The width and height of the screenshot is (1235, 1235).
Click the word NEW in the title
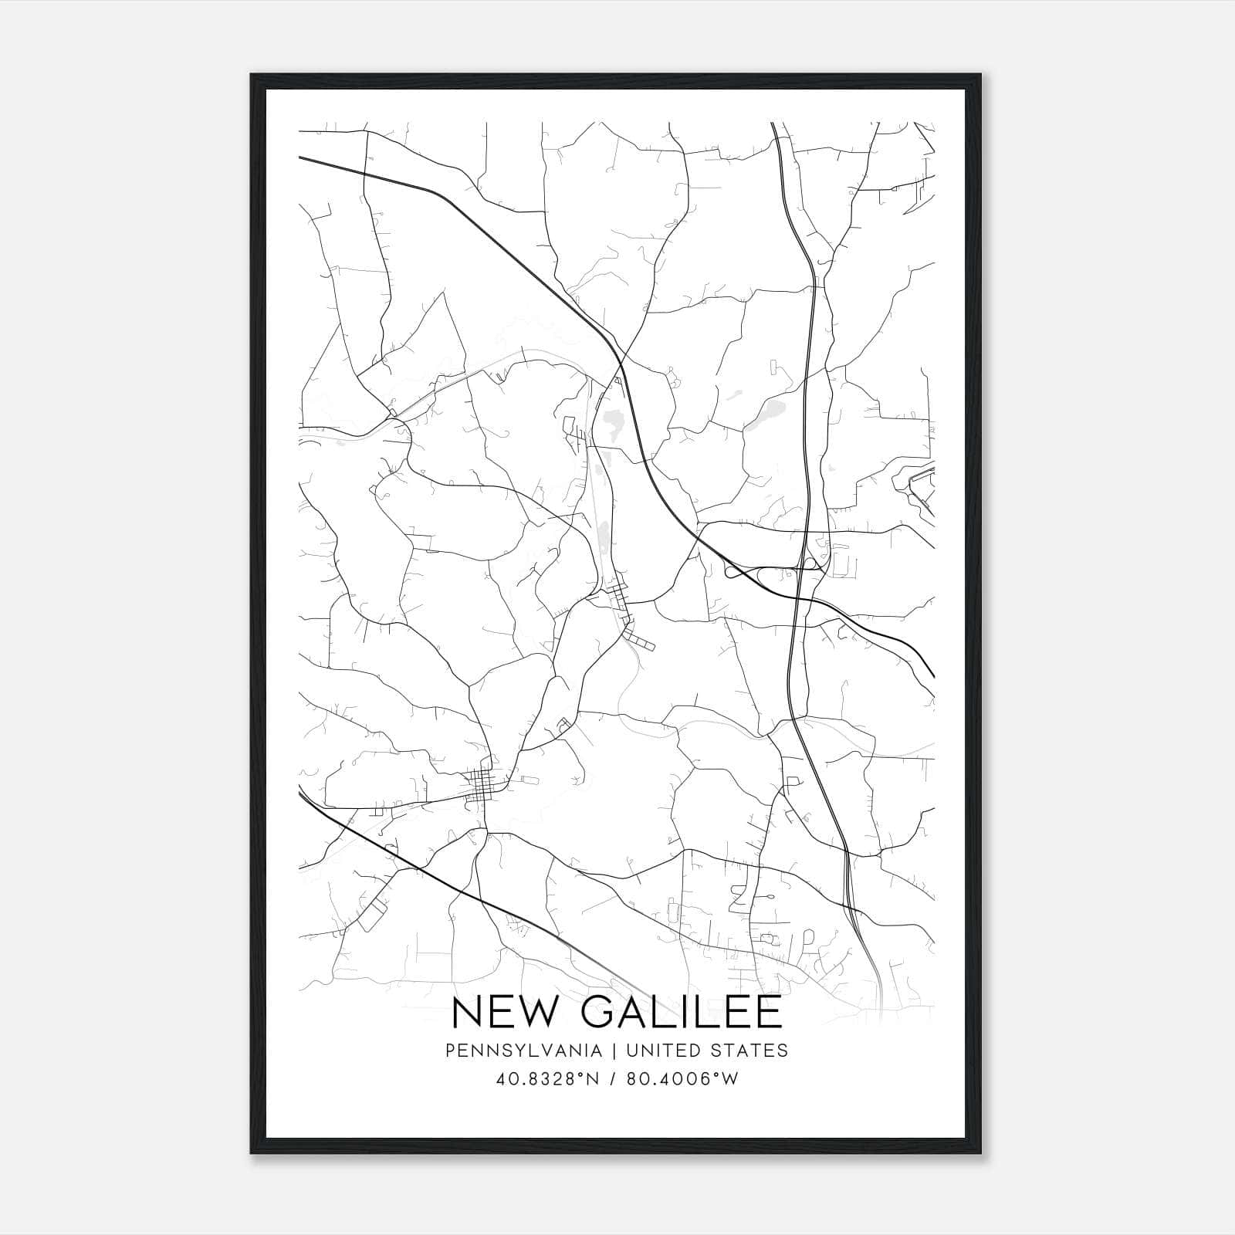pos(502,1012)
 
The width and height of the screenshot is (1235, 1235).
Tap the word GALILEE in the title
pos(682,1012)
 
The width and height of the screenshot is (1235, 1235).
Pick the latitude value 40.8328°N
pos(549,1079)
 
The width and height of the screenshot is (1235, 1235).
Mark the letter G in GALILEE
pos(601,1012)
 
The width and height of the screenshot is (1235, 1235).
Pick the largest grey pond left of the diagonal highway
pos(615,422)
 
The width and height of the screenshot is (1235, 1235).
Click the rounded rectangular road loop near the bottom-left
pos(372,915)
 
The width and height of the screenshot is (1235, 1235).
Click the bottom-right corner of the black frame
pos(980,1152)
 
